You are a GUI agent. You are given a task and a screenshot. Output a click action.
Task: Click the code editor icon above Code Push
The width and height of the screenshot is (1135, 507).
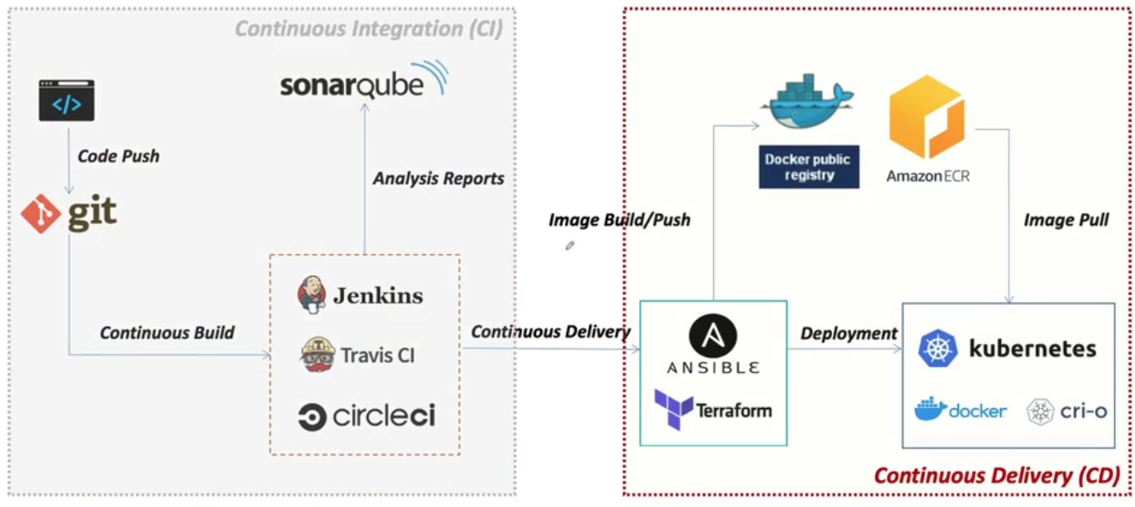pyautogui.click(x=67, y=100)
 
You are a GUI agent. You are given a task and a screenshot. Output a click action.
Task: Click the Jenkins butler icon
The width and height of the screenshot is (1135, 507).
pyautogui.click(x=312, y=294)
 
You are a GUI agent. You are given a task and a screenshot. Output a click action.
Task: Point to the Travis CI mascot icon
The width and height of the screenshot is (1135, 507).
pyautogui.click(x=318, y=354)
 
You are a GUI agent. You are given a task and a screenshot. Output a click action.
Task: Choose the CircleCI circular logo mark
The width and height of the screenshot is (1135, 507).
pyautogui.click(x=312, y=417)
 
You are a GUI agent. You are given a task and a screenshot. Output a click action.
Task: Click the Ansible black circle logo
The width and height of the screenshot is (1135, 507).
pyautogui.click(x=712, y=337)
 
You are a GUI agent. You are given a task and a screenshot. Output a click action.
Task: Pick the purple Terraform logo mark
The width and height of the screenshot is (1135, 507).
pyautogui.click(x=673, y=409)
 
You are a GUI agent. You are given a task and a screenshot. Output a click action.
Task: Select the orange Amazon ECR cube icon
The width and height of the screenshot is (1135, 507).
pyautogui.click(x=926, y=118)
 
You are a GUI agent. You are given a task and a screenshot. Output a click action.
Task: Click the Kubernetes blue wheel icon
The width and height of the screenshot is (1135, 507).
pyautogui.click(x=938, y=349)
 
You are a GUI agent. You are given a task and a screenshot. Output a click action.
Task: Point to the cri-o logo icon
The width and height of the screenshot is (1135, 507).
pyautogui.click(x=1040, y=411)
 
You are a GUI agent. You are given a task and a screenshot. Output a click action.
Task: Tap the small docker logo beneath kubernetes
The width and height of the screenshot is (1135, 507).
pyautogui.click(x=961, y=410)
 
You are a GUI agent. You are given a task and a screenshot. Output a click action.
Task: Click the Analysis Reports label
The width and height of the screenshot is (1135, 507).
pyautogui.click(x=438, y=179)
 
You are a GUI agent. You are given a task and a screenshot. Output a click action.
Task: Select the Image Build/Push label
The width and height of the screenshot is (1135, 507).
pyautogui.click(x=619, y=220)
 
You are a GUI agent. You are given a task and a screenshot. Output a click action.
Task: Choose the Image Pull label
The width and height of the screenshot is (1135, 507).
pyautogui.click(x=1066, y=220)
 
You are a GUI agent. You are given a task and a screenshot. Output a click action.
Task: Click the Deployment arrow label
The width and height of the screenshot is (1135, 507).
pyautogui.click(x=848, y=334)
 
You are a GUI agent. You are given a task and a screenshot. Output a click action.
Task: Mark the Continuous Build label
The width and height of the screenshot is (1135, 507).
pyautogui.click(x=166, y=333)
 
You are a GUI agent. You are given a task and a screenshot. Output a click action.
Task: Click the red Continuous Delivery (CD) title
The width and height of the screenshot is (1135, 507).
pyautogui.click(x=997, y=476)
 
